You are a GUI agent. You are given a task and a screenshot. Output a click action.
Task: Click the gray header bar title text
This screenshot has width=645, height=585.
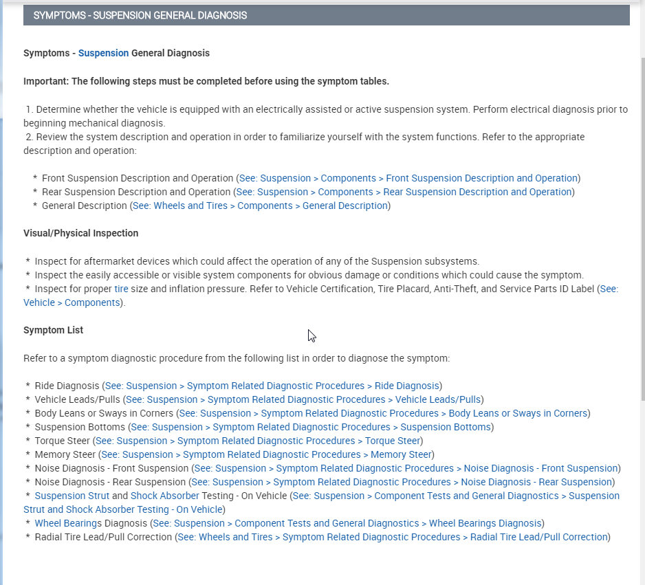(x=140, y=15)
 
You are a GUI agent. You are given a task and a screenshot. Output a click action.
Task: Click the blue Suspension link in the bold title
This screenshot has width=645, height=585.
(x=103, y=53)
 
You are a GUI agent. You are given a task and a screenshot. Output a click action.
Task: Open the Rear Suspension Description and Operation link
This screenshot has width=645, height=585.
(x=404, y=192)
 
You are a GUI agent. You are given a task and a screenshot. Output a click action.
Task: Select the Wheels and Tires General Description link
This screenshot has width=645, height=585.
(x=260, y=206)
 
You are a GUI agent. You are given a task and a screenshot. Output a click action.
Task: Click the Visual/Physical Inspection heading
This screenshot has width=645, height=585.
(x=80, y=233)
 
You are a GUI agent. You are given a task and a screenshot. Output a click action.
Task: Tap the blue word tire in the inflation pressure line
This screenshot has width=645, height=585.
(x=121, y=289)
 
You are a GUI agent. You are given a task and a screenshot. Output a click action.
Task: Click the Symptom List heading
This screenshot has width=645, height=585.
(x=53, y=330)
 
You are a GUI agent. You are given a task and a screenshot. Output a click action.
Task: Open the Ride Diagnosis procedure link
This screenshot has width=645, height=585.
(x=272, y=386)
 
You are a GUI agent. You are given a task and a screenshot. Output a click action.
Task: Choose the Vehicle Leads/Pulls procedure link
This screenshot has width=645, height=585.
(x=303, y=399)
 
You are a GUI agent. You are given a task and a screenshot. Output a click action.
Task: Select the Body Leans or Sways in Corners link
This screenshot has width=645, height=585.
(x=383, y=413)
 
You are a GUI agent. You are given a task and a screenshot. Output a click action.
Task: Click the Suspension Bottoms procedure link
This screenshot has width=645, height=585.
(x=311, y=427)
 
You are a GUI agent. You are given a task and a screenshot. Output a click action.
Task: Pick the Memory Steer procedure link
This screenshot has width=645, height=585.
(x=266, y=454)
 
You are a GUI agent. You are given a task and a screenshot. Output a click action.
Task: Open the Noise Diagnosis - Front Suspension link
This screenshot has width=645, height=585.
(x=406, y=468)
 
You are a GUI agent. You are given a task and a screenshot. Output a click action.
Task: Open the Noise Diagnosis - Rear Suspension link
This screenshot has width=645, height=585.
(x=402, y=482)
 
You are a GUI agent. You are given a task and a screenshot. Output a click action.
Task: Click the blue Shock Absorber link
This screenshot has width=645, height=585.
(x=164, y=496)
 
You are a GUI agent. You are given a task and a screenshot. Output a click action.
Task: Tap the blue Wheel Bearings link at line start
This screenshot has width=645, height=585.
(x=66, y=523)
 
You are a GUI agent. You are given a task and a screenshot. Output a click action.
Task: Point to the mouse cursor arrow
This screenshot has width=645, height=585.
(x=311, y=335)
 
